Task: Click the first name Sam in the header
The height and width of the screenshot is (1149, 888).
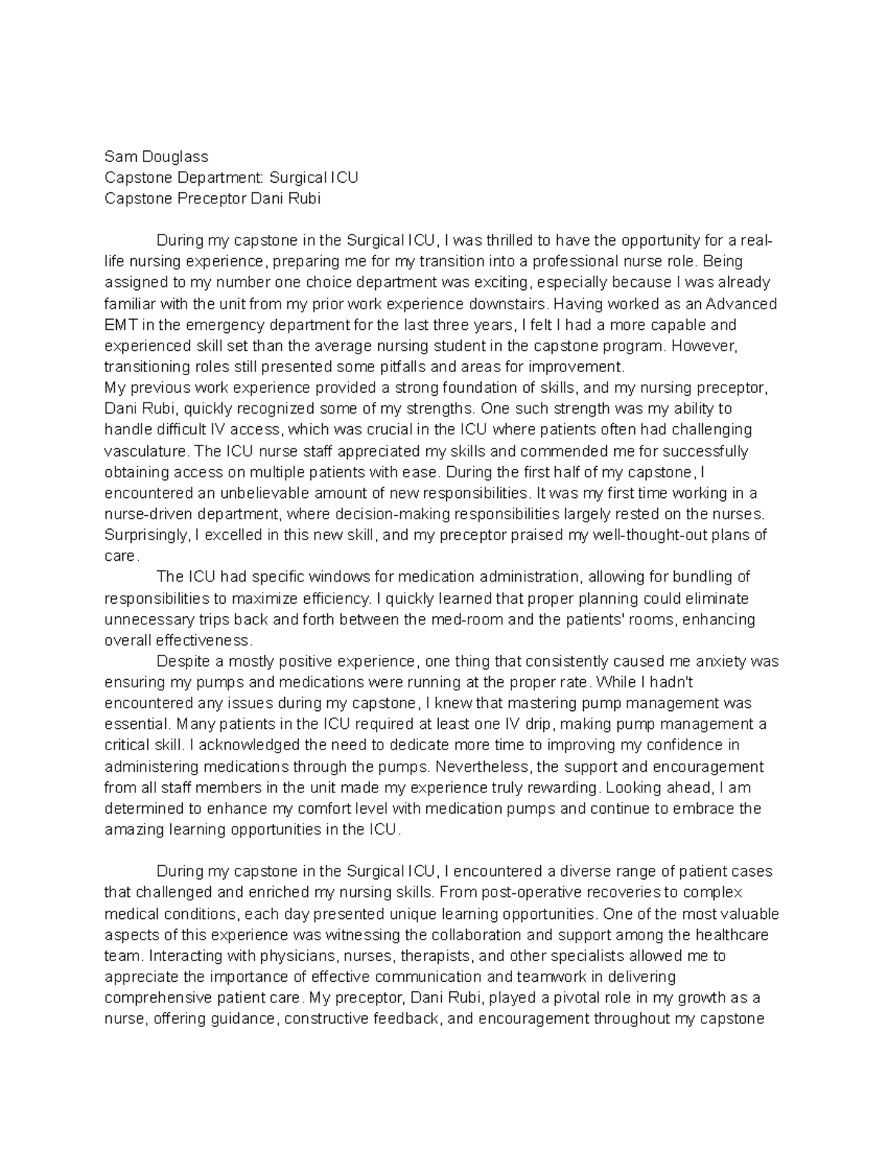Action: tap(119, 156)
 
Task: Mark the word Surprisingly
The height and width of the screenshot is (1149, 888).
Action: tap(146, 535)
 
